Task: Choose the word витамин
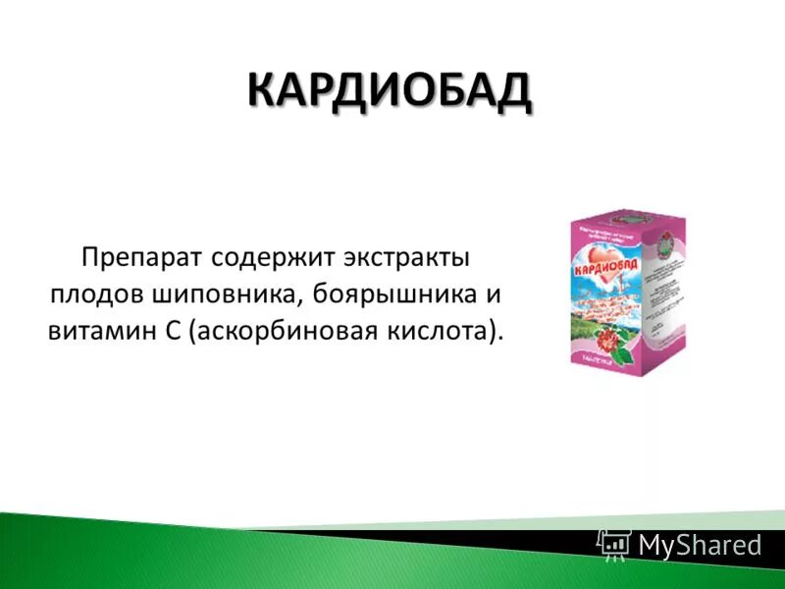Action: click(x=93, y=330)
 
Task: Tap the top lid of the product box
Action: click(x=628, y=216)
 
